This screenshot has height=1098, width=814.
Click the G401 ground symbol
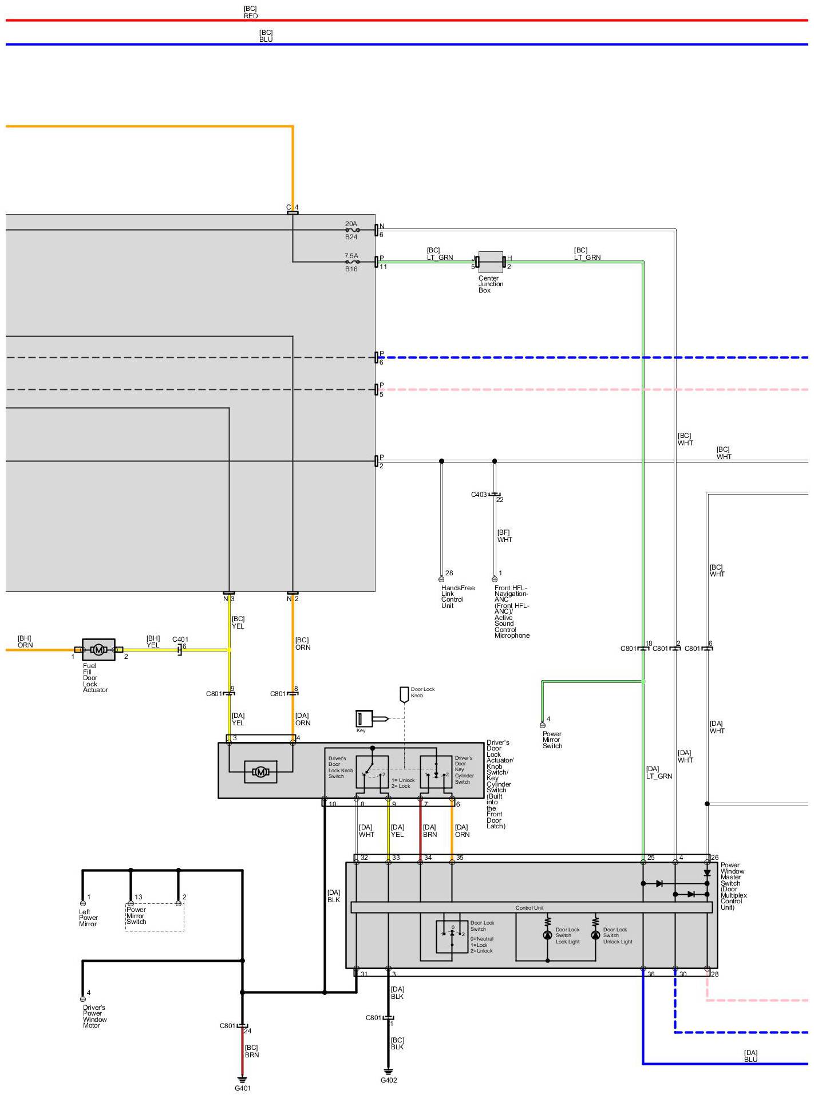point(242,1079)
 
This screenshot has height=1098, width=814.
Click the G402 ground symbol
point(388,1071)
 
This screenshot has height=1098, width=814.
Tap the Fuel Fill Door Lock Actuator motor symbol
point(98,650)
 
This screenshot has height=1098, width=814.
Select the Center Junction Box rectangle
point(491,262)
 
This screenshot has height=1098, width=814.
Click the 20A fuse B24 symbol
point(352,230)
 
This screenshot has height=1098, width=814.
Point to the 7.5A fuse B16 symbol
point(352,262)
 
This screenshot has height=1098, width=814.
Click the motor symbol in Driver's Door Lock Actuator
point(260,772)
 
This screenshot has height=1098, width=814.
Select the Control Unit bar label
point(530,908)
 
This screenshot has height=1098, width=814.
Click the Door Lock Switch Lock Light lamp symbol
point(547,935)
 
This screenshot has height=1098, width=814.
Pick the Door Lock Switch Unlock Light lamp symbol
point(595,935)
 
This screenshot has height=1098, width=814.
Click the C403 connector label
point(479,495)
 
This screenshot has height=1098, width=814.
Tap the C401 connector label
point(180,639)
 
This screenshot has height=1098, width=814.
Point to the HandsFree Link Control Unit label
point(457,597)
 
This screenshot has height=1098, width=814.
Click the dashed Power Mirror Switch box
point(155,917)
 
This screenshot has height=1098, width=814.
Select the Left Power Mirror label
point(88,918)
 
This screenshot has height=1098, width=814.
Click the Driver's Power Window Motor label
point(94,1016)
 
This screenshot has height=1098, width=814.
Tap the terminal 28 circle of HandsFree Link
point(441,579)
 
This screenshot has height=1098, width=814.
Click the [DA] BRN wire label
point(429,831)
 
